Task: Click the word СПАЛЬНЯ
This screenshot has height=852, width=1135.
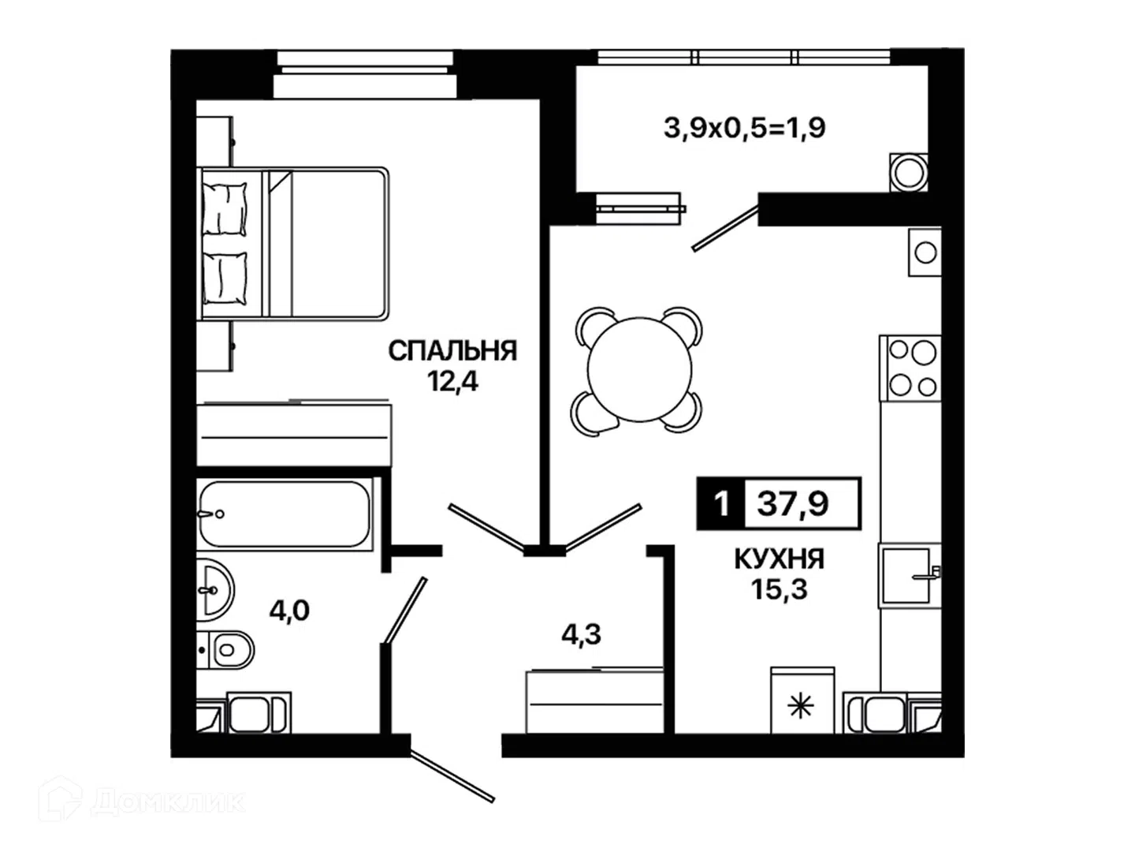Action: tap(452, 351)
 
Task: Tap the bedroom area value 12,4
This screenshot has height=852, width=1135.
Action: tap(452, 382)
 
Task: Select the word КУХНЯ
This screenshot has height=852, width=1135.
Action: tap(780, 559)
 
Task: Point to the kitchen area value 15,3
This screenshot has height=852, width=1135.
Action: tap(780, 589)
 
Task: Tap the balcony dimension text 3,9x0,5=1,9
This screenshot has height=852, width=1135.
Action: tap(745, 128)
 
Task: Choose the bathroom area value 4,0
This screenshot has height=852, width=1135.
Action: tap(289, 611)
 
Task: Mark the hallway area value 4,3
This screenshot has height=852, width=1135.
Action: tap(581, 634)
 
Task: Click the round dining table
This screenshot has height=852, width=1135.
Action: tap(640, 369)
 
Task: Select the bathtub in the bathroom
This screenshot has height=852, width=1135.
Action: tap(285, 514)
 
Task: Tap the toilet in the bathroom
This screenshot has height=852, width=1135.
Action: tap(226, 650)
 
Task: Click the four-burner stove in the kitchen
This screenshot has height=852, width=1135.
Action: tap(911, 368)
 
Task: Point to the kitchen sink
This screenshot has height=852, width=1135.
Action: tap(909, 575)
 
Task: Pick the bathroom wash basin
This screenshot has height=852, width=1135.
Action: tap(215, 590)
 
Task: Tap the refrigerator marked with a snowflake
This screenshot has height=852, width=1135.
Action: tap(802, 700)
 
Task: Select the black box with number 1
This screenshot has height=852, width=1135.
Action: tap(721, 503)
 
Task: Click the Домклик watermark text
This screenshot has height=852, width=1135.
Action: tap(168, 802)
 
